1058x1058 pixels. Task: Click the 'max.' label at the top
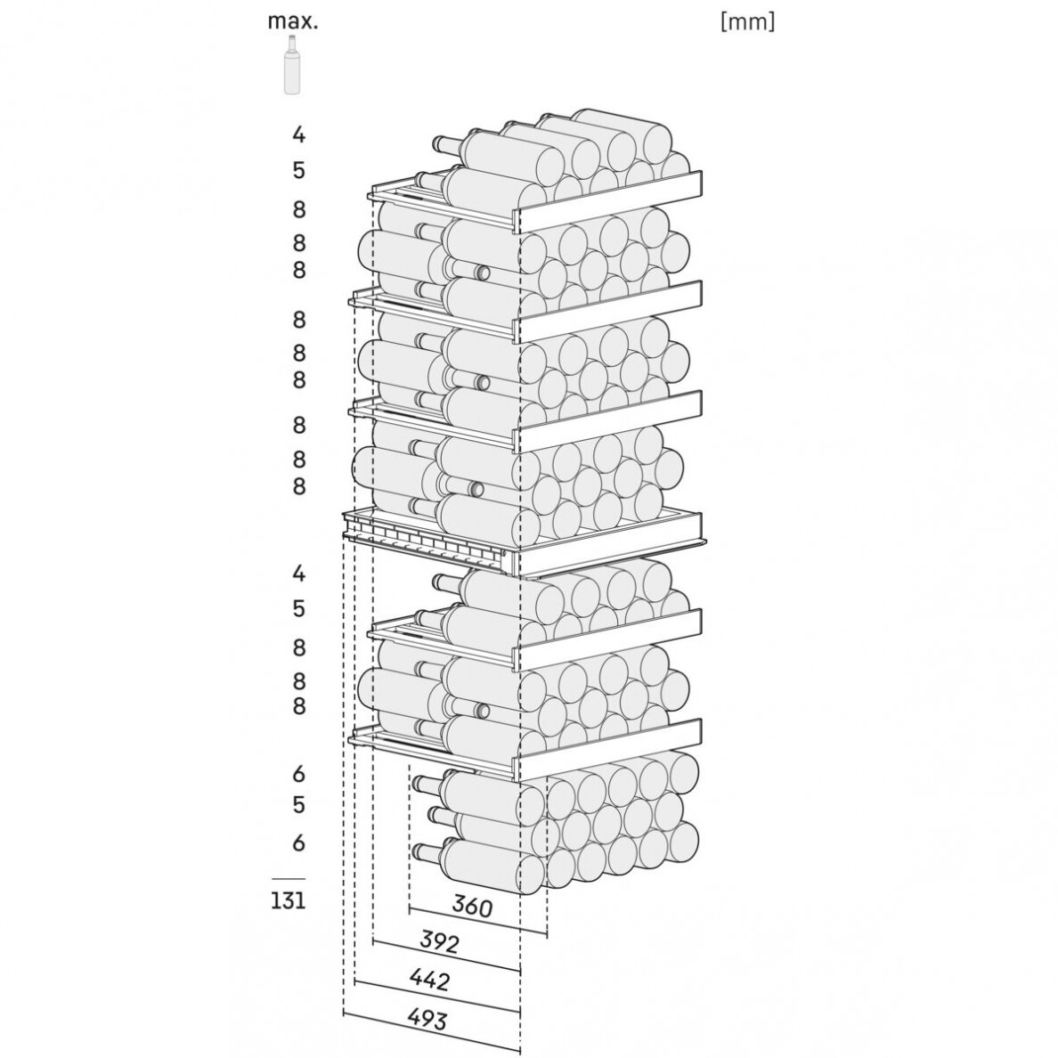[x=292, y=21]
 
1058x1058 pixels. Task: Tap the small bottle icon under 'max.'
[x=291, y=64]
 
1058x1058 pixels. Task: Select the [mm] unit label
[x=747, y=21]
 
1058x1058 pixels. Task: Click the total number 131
[x=289, y=899]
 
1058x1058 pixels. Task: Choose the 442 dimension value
[x=429, y=979]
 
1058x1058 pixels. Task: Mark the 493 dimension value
[x=427, y=1018]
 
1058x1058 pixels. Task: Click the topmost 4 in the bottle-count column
[x=299, y=135]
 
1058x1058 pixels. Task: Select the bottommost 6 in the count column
[x=299, y=842]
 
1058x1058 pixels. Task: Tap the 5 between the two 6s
[x=299, y=804]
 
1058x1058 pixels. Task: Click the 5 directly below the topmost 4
[x=299, y=170]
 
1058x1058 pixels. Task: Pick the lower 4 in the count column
[x=299, y=574]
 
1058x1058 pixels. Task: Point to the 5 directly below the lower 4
[x=299, y=608]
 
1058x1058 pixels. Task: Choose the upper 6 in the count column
[x=299, y=773]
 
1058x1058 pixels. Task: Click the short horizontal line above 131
[x=289, y=878]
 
